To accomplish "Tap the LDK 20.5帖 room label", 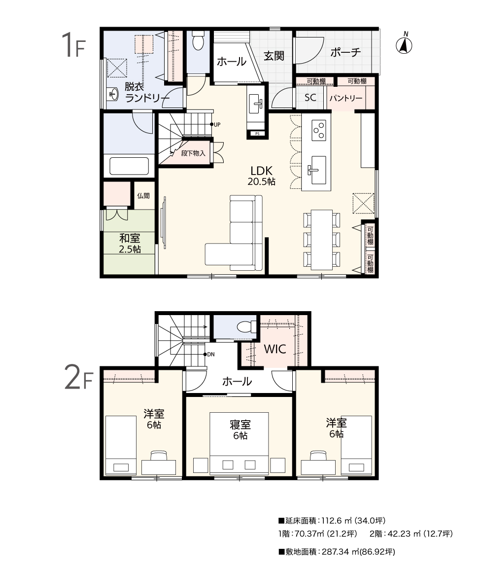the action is (x=262, y=176).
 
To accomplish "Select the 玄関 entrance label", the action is (x=274, y=56).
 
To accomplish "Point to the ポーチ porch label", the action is (x=345, y=52).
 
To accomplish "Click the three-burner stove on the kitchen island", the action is (x=318, y=131).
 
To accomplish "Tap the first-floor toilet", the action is (x=198, y=40).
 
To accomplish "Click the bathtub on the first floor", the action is (x=129, y=166).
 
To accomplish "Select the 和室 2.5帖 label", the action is (x=130, y=244).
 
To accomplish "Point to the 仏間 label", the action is (x=143, y=196).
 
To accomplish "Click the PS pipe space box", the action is (x=257, y=134).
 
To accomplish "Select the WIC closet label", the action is (x=275, y=349).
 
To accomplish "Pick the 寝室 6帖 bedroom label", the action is (x=240, y=430).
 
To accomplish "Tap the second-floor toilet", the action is (x=247, y=326).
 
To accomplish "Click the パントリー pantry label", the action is (x=345, y=98).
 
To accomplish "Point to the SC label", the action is (x=310, y=98).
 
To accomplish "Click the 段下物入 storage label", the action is (x=193, y=153).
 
